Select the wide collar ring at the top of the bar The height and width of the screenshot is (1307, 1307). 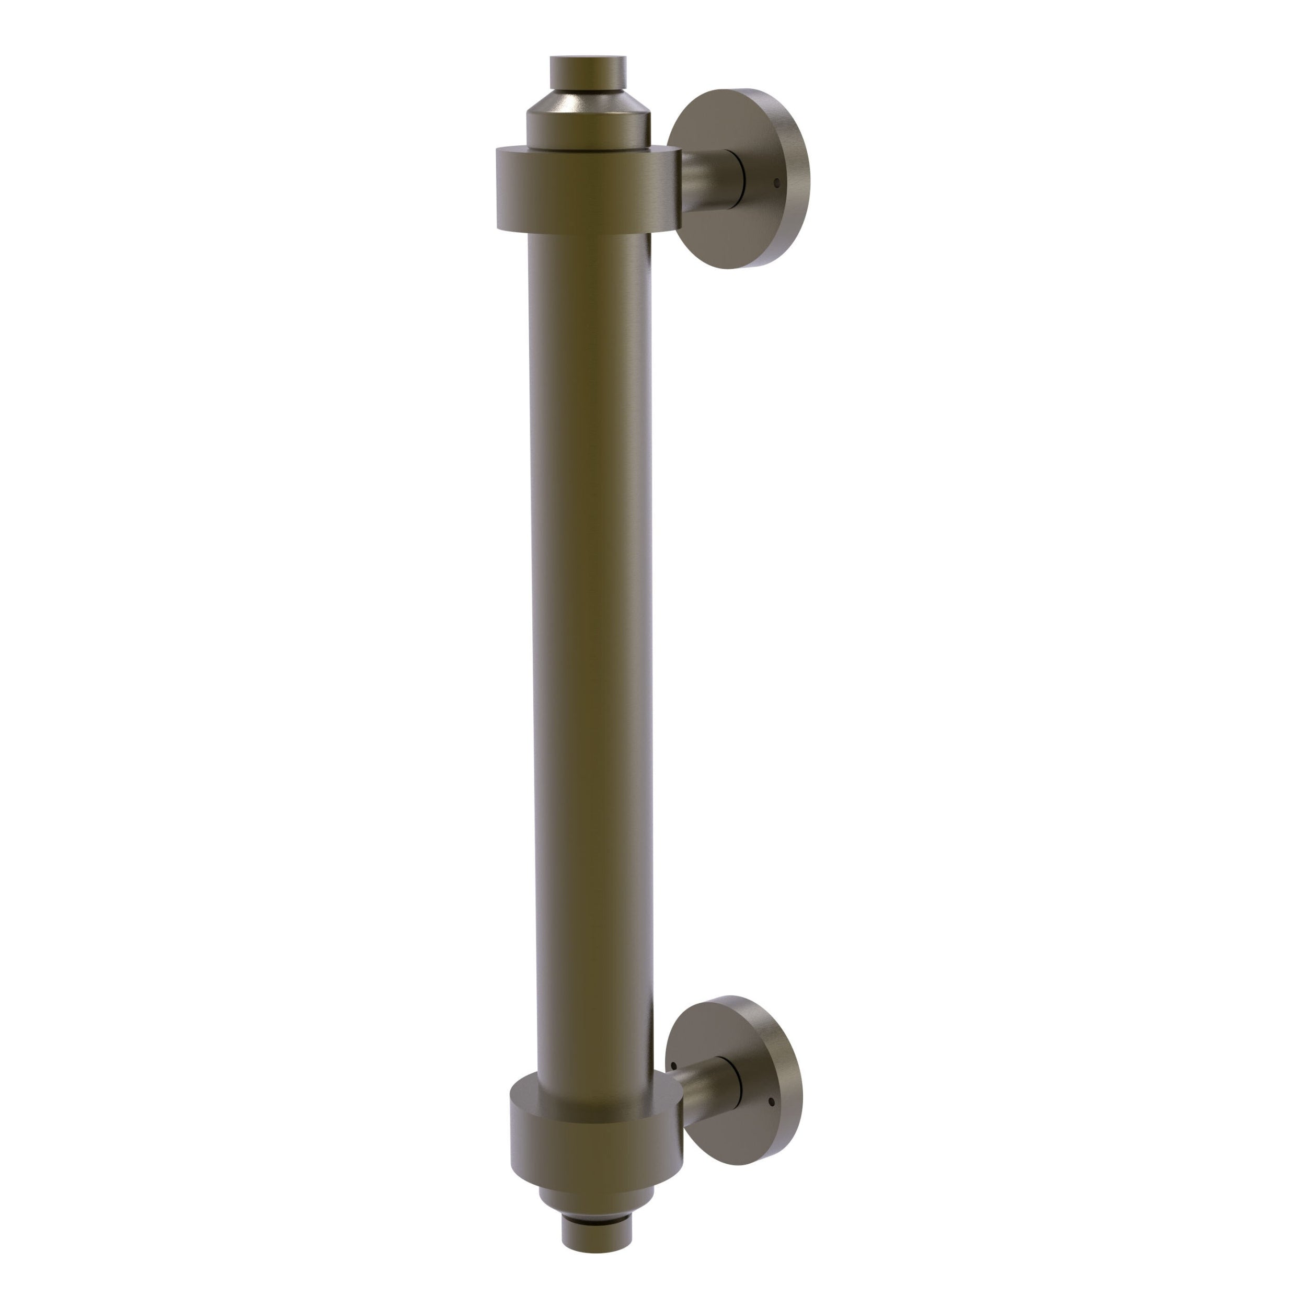click(x=587, y=191)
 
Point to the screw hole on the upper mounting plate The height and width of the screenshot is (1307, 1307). click(x=777, y=182)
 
